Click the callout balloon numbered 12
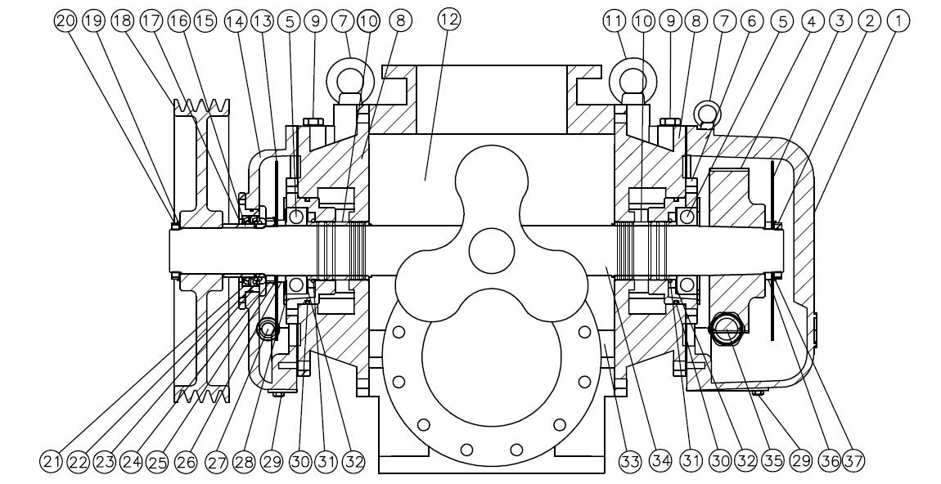point(448,20)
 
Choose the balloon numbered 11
point(615,20)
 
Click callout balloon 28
point(241,461)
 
